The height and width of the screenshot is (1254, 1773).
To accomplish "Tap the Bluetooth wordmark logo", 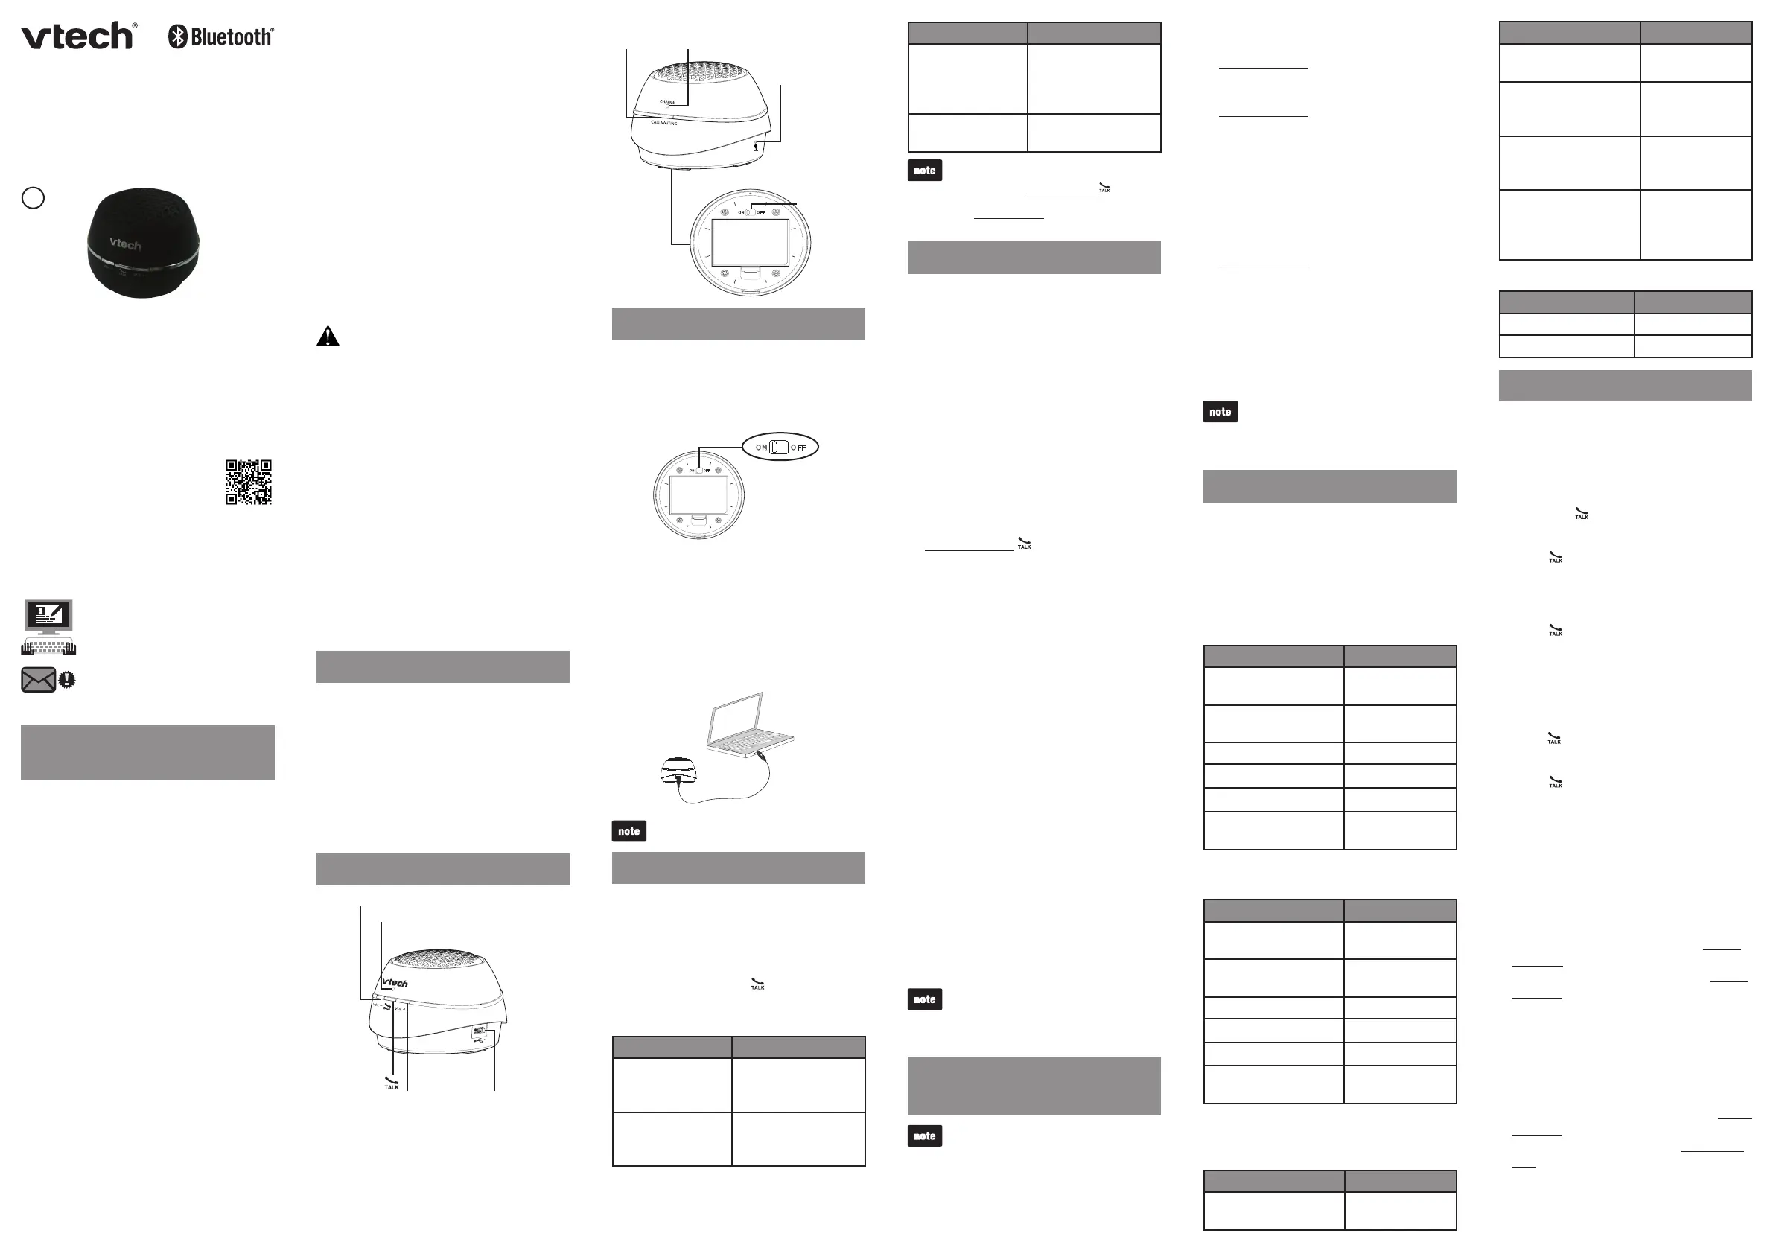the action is pyautogui.click(x=222, y=36).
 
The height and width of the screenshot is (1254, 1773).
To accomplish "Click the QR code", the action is pyautogui.click(x=248, y=482).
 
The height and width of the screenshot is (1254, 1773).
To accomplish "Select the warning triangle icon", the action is pyautogui.click(x=328, y=337).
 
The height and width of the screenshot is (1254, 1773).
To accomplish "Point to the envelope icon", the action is pyautogui.click(x=38, y=680).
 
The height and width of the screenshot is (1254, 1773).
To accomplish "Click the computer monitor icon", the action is pyautogui.click(x=48, y=616).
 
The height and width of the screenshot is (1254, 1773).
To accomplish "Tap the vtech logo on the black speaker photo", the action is pyautogui.click(x=125, y=244).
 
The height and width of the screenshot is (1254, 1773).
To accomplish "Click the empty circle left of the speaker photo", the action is pyautogui.click(x=34, y=197).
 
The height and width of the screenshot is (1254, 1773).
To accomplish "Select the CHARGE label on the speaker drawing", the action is pyautogui.click(x=667, y=102).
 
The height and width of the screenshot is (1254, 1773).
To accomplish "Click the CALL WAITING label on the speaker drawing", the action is pyautogui.click(x=663, y=123).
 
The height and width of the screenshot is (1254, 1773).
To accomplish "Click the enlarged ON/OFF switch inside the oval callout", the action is pyautogui.click(x=779, y=447).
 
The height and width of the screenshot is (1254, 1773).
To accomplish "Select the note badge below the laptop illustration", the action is pyautogui.click(x=628, y=831).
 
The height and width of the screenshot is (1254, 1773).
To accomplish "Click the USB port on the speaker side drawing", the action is pyautogui.click(x=479, y=1031).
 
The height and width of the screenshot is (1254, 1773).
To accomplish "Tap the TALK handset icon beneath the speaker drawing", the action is pyautogui.click(x=392, y=1083).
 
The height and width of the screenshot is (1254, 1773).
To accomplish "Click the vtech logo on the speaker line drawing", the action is pyautogui.click(x=395, y=983).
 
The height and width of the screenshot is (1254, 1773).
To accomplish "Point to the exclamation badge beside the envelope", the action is pyautogui.click(x=67, y=680).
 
